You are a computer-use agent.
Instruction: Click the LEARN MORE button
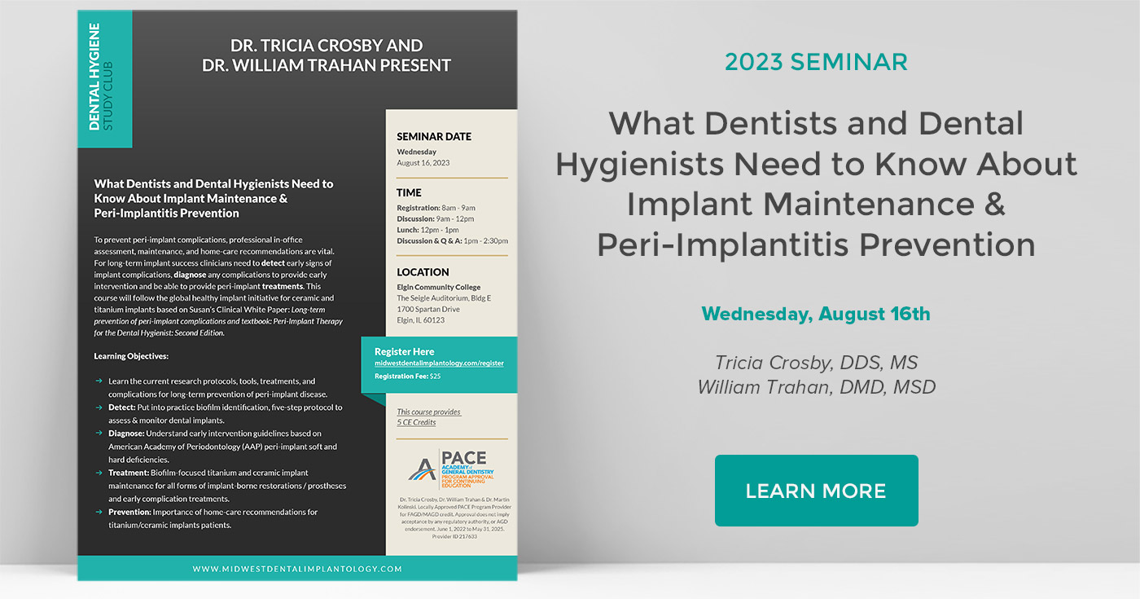pyautogui.click(x=816, y=491)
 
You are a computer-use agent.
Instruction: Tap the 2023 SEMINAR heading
pyautogui.click(x=816, y=62)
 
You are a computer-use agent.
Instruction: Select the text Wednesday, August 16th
pyautogui.click(x=816, y=314)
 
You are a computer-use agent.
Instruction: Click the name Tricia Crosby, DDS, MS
pyautogui.click(x=816, y=362)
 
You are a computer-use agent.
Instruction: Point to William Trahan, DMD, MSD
pyautogui.click(x=816, y=386)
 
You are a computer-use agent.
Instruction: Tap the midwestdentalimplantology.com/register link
pyautogui.click(x=439, y=363)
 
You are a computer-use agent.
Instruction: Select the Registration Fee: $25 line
pyautogui.click(x=407, y=377)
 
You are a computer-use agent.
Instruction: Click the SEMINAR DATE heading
pyautogui.click(x=434, y=136)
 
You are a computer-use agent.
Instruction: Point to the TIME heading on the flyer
pyautogui.click(x=410, y=193)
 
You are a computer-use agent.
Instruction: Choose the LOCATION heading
pyautogui.click(x=423, y=272)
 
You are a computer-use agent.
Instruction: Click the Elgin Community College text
pyautogui.click(x=438, y=288)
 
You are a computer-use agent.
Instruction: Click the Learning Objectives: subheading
pyautogui.click(x=131, y=356)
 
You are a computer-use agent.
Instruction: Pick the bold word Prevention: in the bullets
pyautogui.click(x=129, y=512)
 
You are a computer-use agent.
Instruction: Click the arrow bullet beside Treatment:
pyautogui.click(x=99, y=473)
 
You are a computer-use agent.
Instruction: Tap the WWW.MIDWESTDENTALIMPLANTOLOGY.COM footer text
pyautogui.click(x=297, y=569)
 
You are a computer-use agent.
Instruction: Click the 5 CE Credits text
pyautogui.click(x=416, y=422)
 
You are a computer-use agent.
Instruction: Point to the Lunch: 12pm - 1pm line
pyautogui.click(x=428, y=230)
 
